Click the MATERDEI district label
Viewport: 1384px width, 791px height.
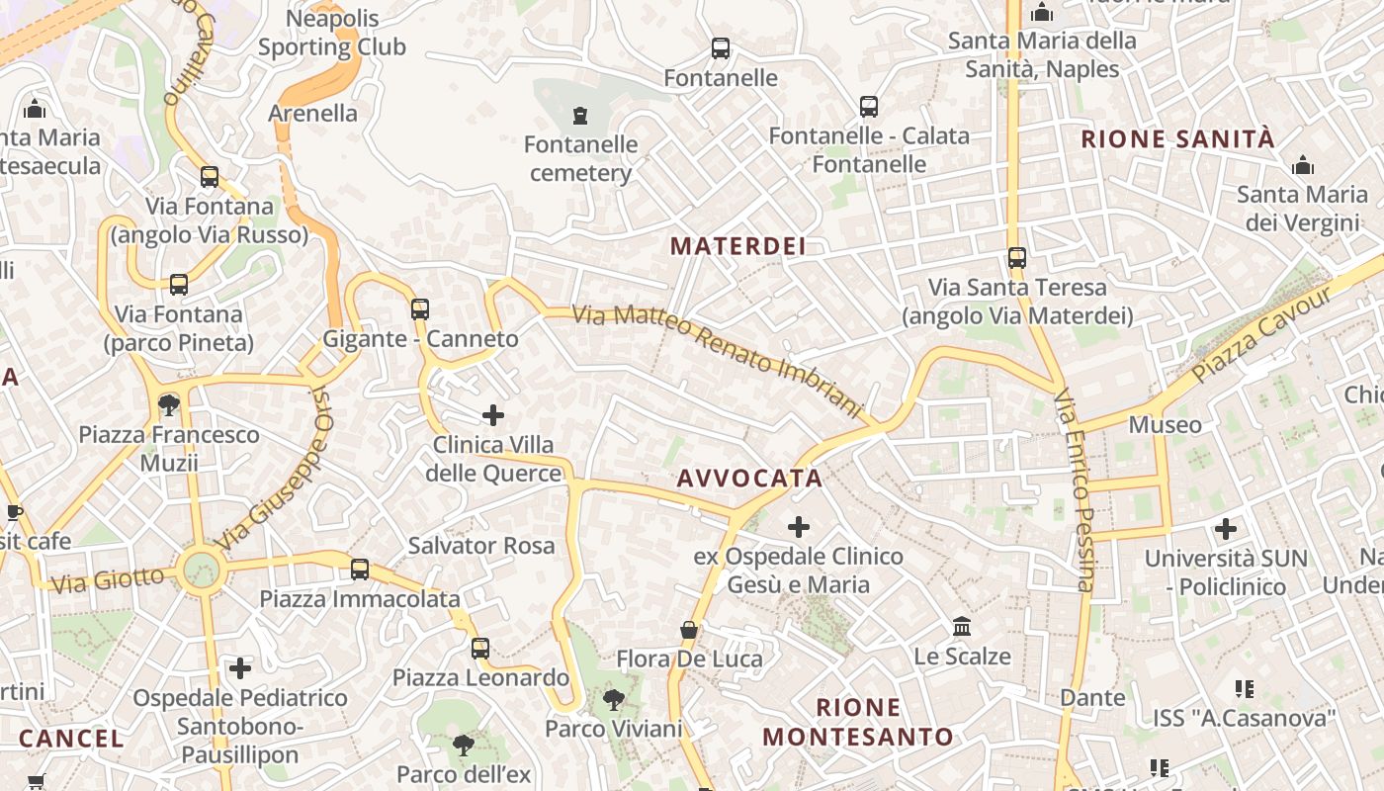pos(737,246)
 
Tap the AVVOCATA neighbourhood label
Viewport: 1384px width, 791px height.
pos(749,479)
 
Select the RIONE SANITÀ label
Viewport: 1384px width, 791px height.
pos(1178,138)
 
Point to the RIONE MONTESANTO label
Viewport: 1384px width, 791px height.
pos(858,722)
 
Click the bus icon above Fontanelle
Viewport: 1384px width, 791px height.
pos(721,47)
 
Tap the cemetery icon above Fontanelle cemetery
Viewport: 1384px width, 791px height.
pos(580,116)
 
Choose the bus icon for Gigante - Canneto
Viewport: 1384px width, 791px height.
pos(420,308)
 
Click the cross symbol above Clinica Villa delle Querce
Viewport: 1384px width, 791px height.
pos(493,415)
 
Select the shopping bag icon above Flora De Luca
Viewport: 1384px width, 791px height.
pos(689,630)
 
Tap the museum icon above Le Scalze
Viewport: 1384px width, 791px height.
pos(962,627)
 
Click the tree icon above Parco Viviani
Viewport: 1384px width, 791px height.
pos(613,700)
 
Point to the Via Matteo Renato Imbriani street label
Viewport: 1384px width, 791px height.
pos(719,358)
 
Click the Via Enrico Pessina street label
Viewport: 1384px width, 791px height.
pos(1075,489)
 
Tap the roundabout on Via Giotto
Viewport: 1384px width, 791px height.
pos(201,570)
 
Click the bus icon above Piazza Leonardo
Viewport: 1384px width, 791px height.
pos(480,648)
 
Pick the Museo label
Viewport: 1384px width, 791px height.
pos(1166,425)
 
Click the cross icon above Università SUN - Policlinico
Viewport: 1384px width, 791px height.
pos(1226,529)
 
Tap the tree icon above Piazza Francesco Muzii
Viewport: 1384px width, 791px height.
pos(169,404)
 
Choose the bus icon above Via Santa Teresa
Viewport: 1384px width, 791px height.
pos(1017,258)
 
